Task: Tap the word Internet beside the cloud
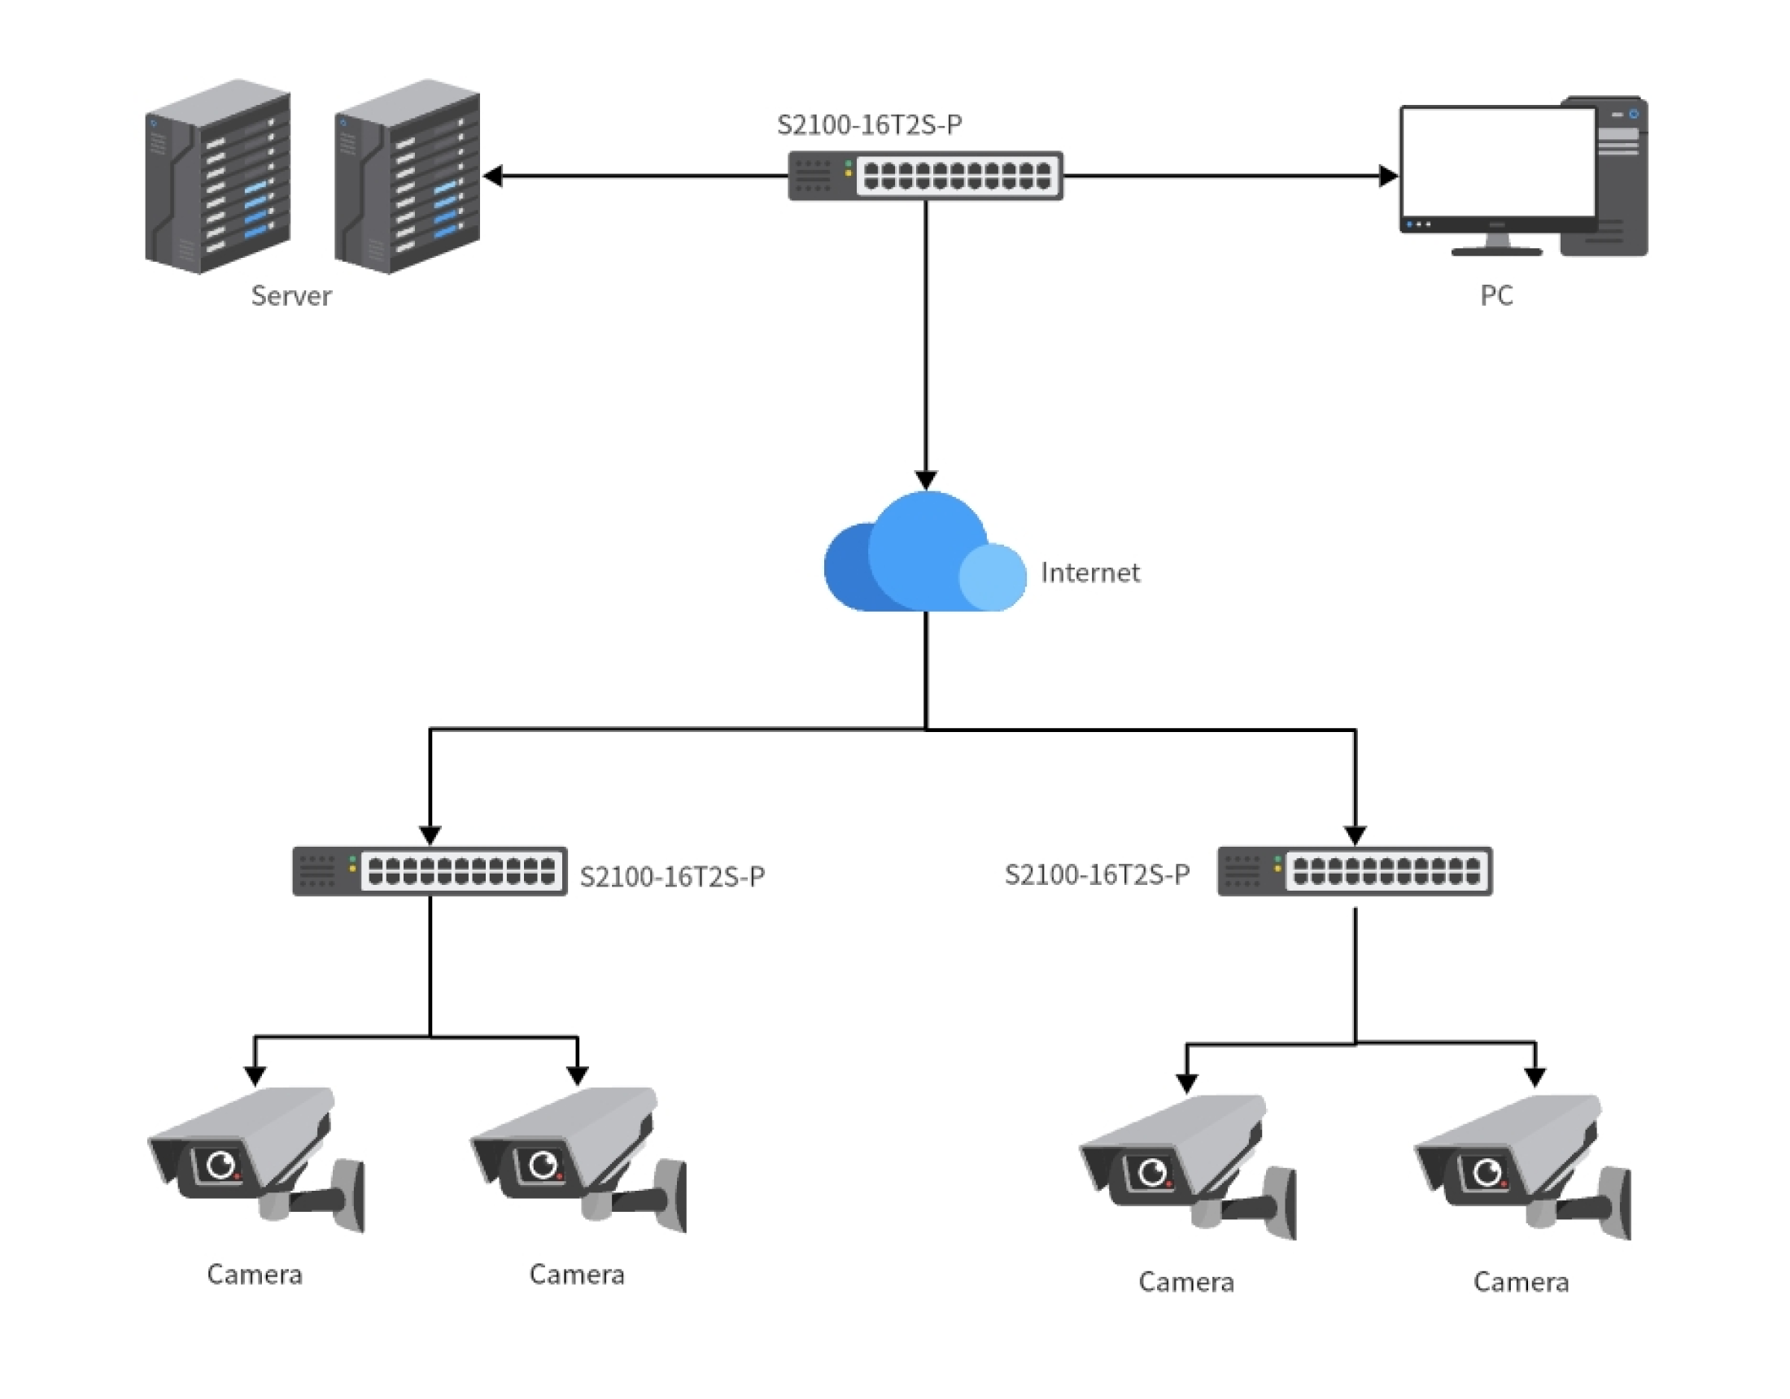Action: [1089, 572]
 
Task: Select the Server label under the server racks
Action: [291, 295]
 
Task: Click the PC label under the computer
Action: [1495, 295]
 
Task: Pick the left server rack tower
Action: [217, 177]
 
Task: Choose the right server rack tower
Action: [408, 177]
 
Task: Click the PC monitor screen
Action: [1497, 163]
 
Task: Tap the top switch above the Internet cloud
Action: [925, 176]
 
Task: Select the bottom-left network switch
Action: [430, 870]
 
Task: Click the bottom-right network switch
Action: [1354, 870]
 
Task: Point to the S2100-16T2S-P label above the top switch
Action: [869, 124]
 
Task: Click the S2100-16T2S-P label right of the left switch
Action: [672, 876]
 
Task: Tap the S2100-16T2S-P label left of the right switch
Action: [1097, 874]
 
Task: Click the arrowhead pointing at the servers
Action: [493, 176]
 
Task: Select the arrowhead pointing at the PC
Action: [1387, 176]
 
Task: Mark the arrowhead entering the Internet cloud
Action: [926, 479]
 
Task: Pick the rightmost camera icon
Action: [1522, 1166]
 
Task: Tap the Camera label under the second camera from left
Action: [576, 1274]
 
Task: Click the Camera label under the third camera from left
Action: [1185, 1281]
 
